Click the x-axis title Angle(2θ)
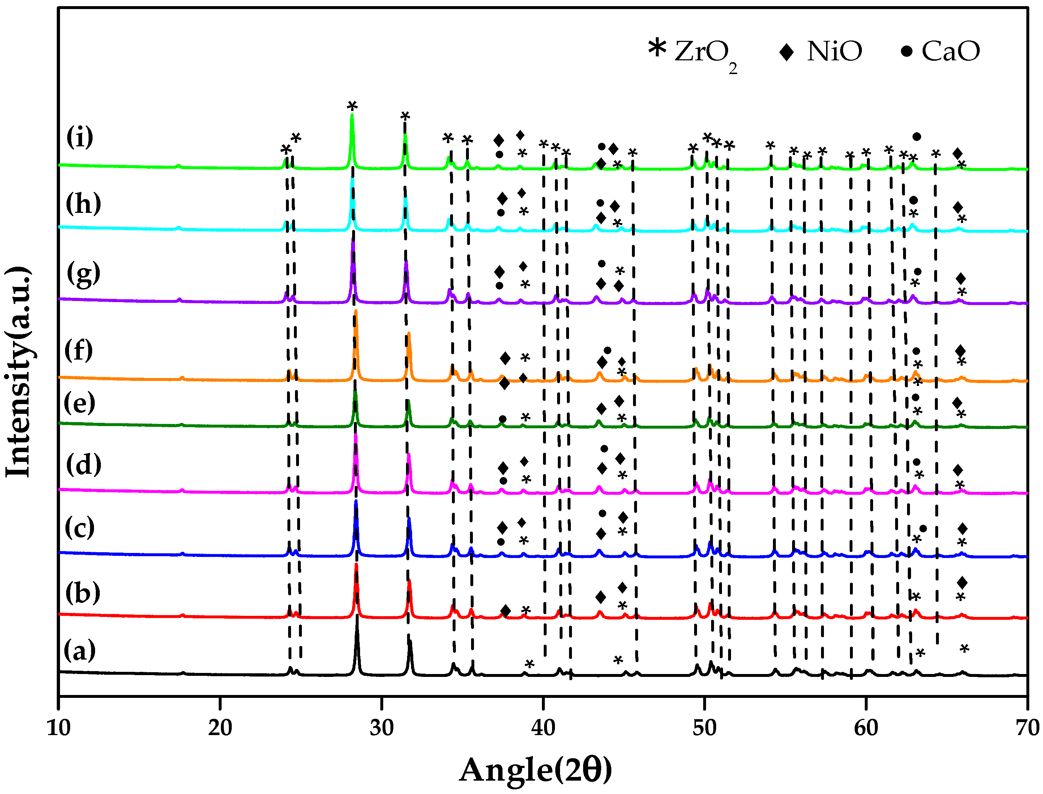coord(536,770)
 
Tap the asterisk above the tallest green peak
coord(352,106)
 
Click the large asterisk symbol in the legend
coord(657,48)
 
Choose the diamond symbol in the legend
coord(786,52)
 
